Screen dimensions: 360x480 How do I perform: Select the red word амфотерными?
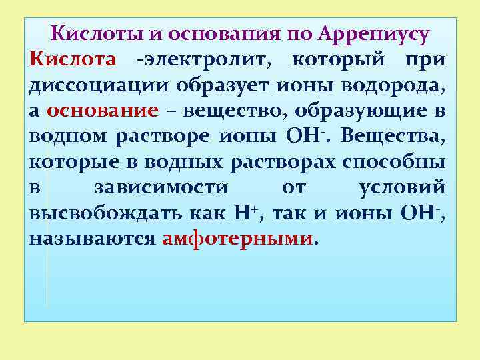(x=237, y=239)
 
